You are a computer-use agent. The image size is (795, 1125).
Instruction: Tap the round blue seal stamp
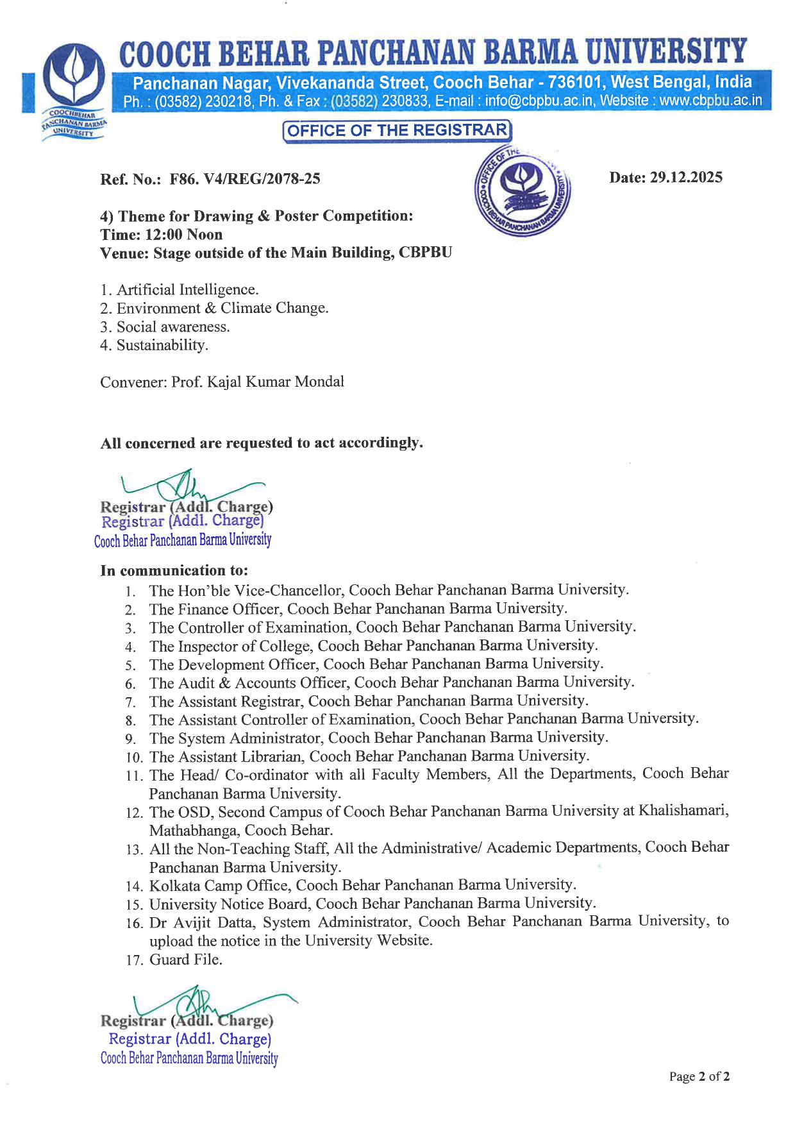coord(523,190)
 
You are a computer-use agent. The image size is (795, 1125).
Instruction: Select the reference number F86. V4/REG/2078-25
coord(244,179)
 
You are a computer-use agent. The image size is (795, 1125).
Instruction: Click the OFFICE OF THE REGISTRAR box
coord(397,131)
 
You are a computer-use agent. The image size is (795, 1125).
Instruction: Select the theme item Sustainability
coord(162,346)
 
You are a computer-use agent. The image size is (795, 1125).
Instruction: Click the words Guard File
coord(186,960)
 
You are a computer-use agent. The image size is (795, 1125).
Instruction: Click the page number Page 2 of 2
coord(699,1077)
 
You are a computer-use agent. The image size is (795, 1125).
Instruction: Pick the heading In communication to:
coord(174,571)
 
